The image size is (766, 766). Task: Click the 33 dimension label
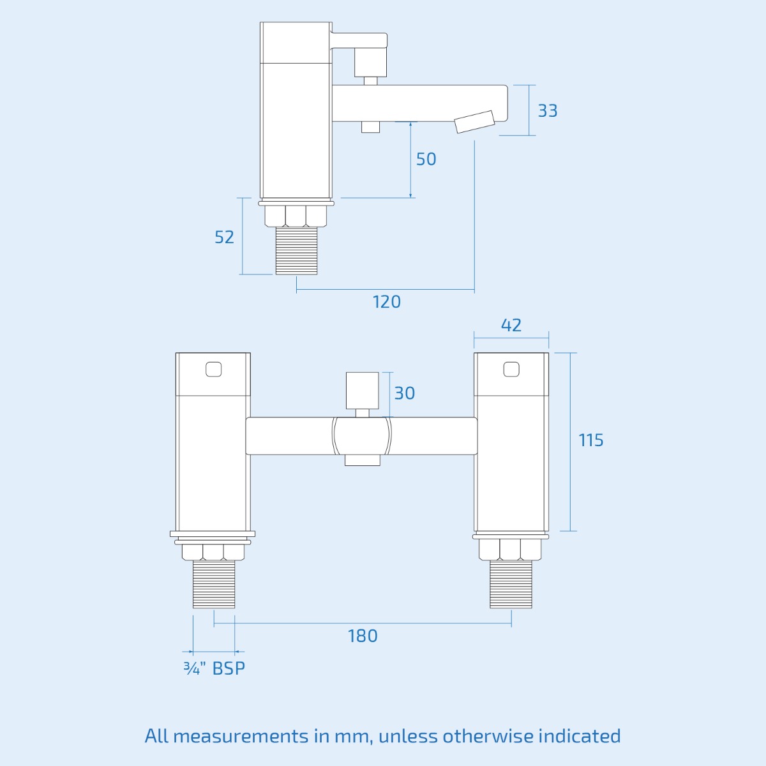pyautogui.click(x=547, y=110)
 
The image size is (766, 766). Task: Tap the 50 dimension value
pyautogui.click(x=426, y=159)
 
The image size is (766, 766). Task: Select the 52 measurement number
pyautogui.click(x=224, y=237)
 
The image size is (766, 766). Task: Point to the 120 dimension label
pyautogui.click(x=387, y=301)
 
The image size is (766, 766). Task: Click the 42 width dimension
pyautogui.click(x=511, y=325)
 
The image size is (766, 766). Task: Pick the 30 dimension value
pyautogui.click(x=404, y=393)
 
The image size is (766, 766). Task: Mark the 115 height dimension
pyautogui.click(x=590, y=440)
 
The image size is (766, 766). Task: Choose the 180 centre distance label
pyautogui.click(x=363, y=636)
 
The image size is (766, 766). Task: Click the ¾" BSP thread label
pyautogui.click(x=214, y=668)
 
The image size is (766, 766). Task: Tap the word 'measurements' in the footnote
pyautogui.click(x=240, y=736)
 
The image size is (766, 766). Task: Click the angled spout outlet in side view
pyautogui.click(x=476, y=122)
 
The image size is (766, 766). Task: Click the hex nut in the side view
pyautogui.click(x=296, y=216)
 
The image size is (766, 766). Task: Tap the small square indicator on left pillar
pyautogui.click(x=213, y=369)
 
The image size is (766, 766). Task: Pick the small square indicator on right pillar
pyautogui.click(x=511, y=369)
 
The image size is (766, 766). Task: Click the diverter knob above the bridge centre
pyautogui.click(x=363, y=391)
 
